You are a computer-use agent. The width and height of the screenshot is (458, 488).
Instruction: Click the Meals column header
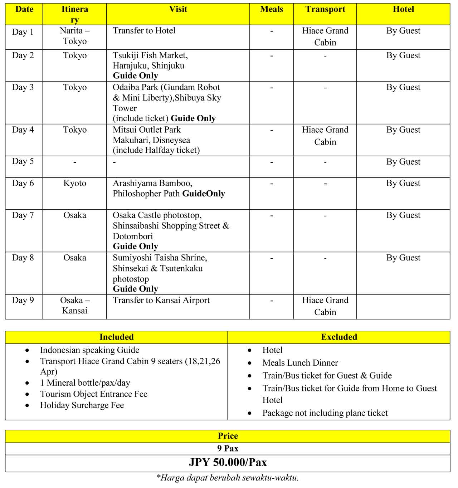271,9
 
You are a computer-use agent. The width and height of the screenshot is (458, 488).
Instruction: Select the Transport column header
325,9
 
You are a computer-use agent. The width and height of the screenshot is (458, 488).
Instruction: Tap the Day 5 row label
23,161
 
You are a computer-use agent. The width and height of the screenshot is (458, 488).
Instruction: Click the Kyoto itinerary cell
75,183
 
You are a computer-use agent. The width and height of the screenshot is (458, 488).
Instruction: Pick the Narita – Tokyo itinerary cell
75,36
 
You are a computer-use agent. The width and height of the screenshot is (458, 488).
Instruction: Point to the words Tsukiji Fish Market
150,55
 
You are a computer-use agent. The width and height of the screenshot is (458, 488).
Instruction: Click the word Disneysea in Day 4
171,140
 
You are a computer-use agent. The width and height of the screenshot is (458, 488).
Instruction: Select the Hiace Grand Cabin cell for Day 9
325,306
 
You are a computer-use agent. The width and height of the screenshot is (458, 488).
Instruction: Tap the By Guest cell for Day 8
403,258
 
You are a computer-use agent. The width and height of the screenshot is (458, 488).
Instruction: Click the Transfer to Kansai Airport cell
161,301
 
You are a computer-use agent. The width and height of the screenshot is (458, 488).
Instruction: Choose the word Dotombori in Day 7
133,236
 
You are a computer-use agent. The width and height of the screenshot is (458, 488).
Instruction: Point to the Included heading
116,337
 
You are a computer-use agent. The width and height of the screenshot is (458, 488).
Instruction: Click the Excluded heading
339,337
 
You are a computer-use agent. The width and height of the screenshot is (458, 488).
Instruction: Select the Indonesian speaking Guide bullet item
89,350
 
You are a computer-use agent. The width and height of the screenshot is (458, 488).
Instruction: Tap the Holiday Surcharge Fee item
82,405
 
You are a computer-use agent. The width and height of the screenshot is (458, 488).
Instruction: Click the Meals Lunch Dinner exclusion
300,363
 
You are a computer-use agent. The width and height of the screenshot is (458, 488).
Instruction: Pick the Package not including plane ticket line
325,413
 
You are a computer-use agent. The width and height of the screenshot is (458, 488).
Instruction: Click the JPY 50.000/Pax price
228,462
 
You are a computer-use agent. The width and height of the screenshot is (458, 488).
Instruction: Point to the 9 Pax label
228,448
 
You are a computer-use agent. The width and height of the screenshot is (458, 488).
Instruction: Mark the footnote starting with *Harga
228,477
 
